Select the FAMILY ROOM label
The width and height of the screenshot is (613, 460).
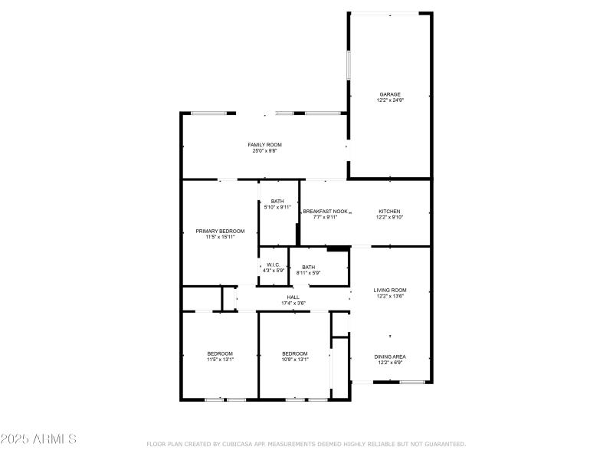pyautogui.click(x=264, y=145)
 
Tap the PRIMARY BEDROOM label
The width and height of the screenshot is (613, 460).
pyautogui.click(x=220, y=231)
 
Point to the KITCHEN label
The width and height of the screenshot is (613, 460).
pyautogui.click(x=389, y=212)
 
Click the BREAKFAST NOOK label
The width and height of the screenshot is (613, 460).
pyautogui.click(x=325, y=212)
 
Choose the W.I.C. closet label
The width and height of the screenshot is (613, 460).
pyautogui.click(x=274, y=264)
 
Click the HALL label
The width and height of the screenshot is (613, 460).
pyautogui.click(x=293, y=297)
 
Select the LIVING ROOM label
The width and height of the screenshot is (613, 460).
pyautogui.click(x=389, y=290)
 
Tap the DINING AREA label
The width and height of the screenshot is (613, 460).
pyautogui.click(x=389, y=356)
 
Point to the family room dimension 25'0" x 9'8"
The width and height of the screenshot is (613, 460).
pyautogui.click(x=264, y=151)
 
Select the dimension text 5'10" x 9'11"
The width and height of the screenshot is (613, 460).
pyautogui.click(x=277, y=207)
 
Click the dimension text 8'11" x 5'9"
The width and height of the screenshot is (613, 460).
pyautogui.click(x=308, y=273)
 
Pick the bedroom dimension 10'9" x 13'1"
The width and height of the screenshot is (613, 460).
pyautogui.click(x=295, y=360)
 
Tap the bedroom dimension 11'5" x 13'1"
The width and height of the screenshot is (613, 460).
pyautogui.click(x=220, y=360)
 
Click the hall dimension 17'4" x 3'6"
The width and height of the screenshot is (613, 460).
pyautogui.click(x=293, y=304)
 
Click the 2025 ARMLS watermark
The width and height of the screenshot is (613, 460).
pyautogui.click(x=38, y=439)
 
